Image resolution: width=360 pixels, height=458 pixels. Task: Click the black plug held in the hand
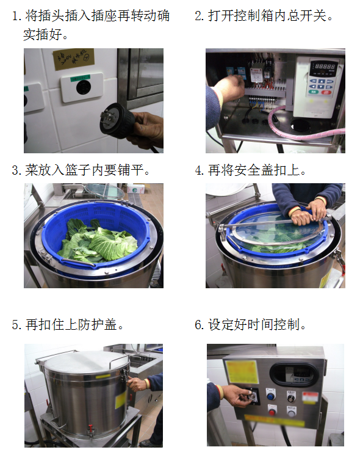[117, 120]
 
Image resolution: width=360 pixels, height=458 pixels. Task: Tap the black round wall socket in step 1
[84, 87]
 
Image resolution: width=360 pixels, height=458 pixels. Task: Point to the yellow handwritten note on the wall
[74, 59]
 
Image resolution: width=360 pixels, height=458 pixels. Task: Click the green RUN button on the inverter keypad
[313, 92]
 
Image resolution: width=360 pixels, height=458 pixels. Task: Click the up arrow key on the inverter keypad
[321, 81]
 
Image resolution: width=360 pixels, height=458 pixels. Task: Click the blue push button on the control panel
[271, 396]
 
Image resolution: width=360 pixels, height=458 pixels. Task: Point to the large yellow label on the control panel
[242, 371]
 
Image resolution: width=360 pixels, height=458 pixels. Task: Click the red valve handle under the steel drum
[91, 426]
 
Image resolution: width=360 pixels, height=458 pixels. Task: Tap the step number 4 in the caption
[198, 170]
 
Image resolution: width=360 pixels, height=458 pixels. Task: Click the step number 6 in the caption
[198, 324]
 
